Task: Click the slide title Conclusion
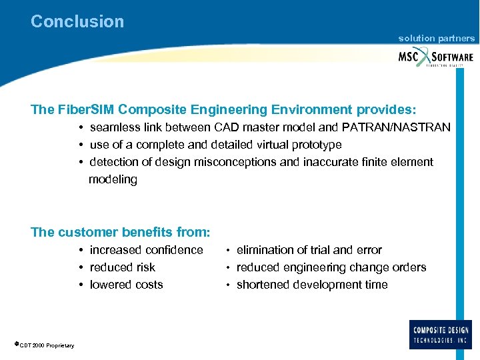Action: click(77, 21)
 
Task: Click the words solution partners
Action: click(437, 39)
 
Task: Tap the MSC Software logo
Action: click(436, 57)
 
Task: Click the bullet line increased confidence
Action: click(146, 250)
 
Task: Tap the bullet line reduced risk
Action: click(122, 267)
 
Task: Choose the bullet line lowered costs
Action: click(126, 285)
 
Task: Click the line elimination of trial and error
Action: click(309, 250)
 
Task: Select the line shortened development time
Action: click(311, 285)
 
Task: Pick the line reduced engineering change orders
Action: click(331, 267)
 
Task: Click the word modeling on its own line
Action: click(113, 179)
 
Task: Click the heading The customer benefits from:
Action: click(121, 233)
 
